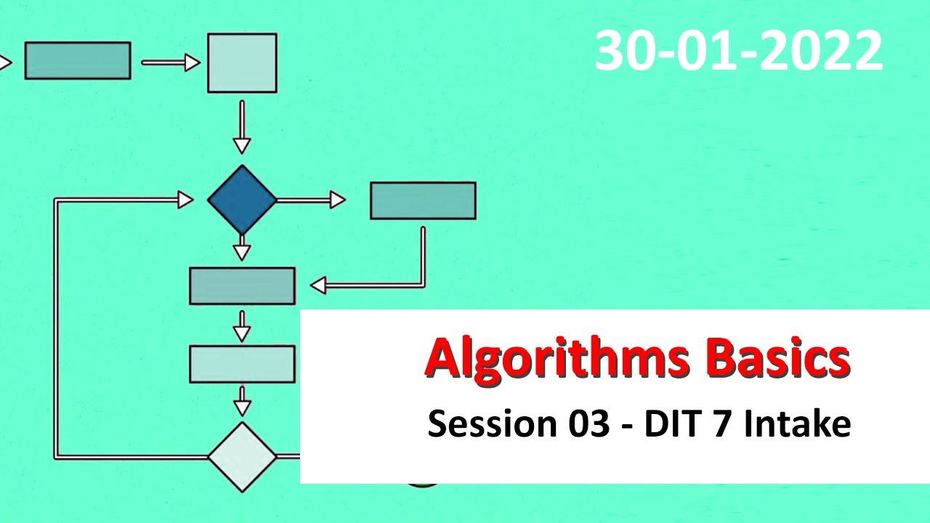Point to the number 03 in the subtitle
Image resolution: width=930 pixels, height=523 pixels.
click(x=586, y=423)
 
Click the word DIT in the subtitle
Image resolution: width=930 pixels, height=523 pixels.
click(x=671, y=423)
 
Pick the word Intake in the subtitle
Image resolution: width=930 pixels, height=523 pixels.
click(x=796, y=423)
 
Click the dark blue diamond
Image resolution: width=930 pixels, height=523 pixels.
click(x=242, y=199)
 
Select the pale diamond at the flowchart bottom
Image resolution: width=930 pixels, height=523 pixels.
click(x=242, y=457)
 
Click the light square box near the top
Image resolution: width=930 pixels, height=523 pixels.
click(x=242, y=63)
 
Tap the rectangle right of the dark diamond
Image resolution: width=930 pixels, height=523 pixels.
click(x=423, y=200)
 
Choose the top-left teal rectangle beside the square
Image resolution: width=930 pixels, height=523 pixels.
click(x=78, y=60)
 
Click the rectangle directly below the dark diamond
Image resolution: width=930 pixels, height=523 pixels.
click(x=242, y=285)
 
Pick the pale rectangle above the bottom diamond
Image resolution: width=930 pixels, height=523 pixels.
click(x=242, y=364)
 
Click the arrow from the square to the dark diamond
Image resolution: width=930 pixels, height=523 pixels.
click(x=242, y=127)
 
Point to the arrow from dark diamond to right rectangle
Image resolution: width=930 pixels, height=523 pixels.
click(x=312, y=200)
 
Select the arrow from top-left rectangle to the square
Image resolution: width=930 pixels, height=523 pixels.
click(x=171, y=63)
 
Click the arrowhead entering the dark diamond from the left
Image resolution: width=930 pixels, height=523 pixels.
click(x=185, y=199)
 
